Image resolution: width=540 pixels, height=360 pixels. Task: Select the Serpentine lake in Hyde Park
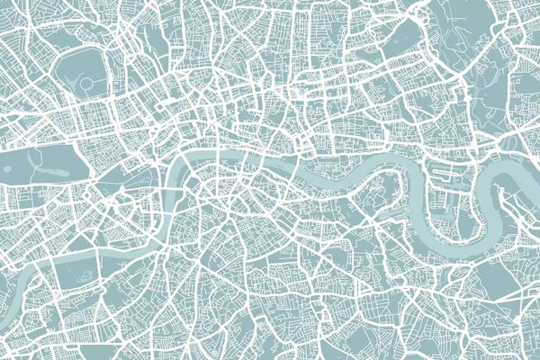(40, 161)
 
